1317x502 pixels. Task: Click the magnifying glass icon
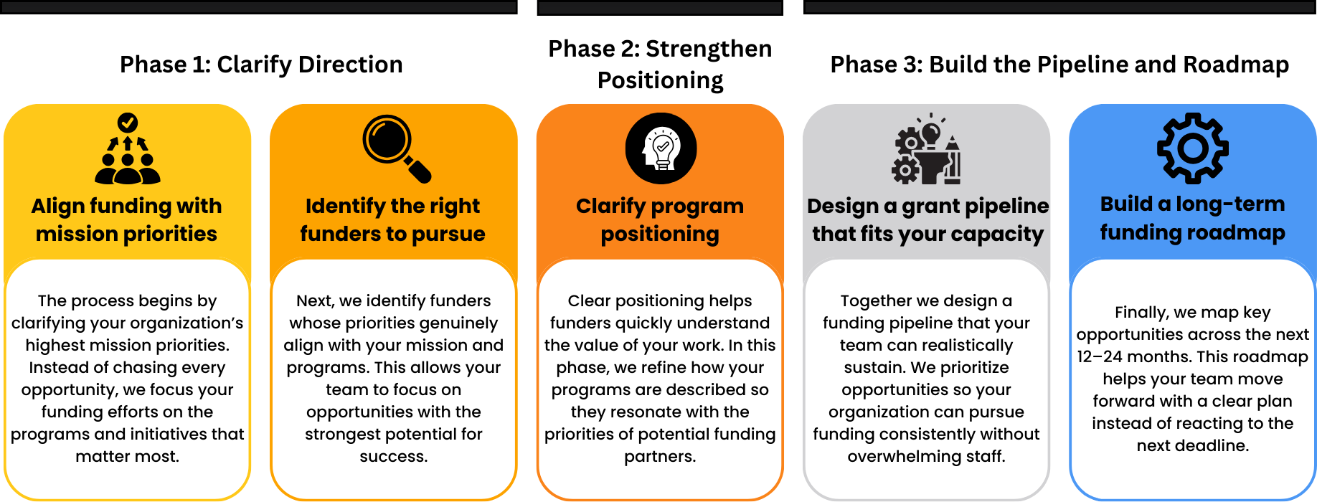395,148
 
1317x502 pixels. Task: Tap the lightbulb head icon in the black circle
661,148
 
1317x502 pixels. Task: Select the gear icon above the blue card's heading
1192,148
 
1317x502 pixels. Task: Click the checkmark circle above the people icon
128,122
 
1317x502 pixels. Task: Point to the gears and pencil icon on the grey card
927,151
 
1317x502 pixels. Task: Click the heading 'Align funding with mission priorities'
127,219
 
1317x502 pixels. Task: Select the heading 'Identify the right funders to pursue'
393,219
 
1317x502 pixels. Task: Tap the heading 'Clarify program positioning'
660,219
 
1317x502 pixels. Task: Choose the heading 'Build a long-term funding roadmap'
1192,218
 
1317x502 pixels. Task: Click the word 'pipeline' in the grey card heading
1011,207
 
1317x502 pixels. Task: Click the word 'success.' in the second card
393,457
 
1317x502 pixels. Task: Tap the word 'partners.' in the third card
660,457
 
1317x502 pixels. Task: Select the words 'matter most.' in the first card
127,457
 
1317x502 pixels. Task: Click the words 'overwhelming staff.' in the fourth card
926,457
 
